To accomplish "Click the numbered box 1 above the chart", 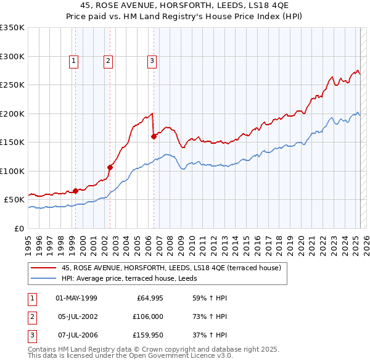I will click(73, 60).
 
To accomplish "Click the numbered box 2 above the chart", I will click(108, 60).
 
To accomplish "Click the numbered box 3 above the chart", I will click(151, 60).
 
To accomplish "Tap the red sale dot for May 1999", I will click(76, 191).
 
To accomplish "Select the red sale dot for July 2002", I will click(110, 167).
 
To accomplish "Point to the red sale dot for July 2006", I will click(154, 137).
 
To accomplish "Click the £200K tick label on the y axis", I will click(12, 114).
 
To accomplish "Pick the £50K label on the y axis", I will click(14, 200).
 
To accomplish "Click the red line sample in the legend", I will click(43, 268).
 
